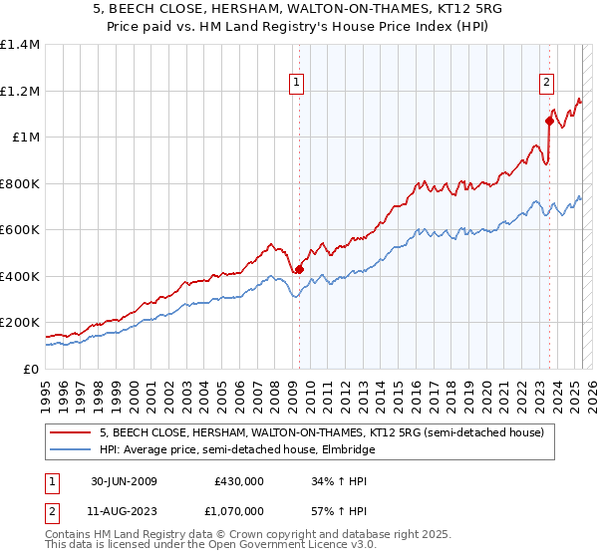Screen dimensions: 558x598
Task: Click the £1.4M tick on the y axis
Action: click(20, 45)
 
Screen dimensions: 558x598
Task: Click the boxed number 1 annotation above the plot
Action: click(298, 83)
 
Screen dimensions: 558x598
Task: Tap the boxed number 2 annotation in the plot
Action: click(547, 83)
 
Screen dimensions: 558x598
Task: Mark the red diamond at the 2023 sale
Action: click(549, 122)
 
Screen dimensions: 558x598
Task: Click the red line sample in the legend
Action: click(70, 433)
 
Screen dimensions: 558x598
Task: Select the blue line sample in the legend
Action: click(70, 450)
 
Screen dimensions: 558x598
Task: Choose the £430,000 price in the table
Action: click(239, 481)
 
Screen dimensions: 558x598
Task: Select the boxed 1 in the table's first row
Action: click(50, 481)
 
